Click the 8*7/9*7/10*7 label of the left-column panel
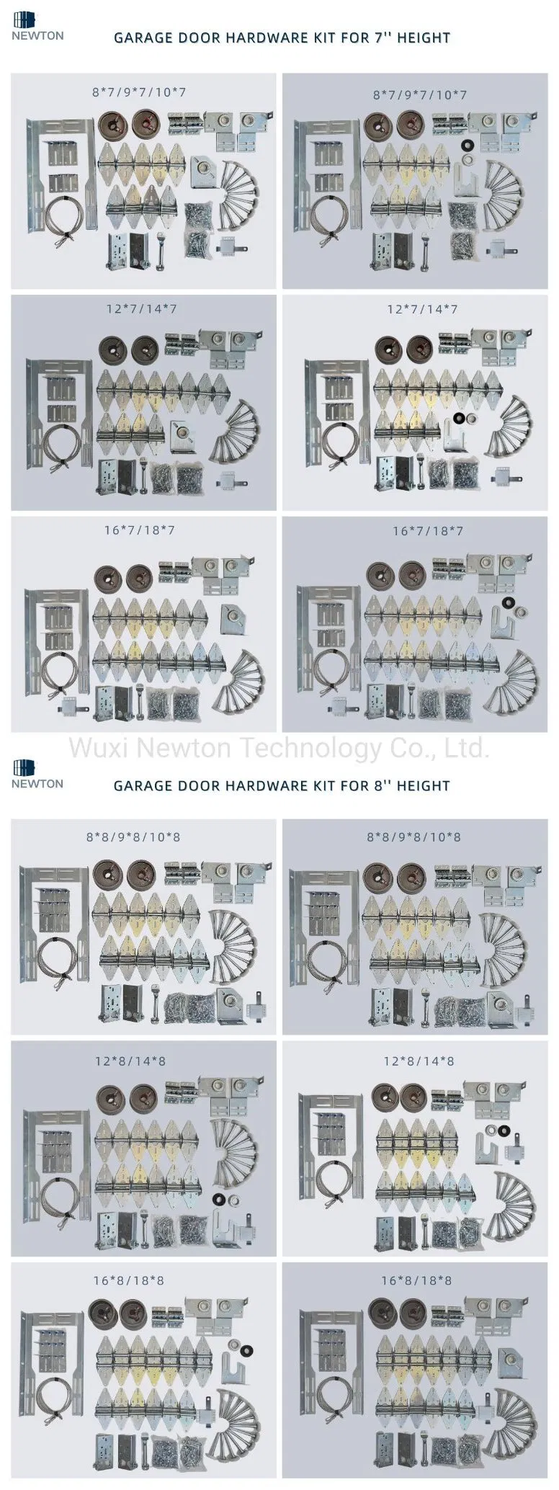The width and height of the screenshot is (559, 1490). (x=139, y=92)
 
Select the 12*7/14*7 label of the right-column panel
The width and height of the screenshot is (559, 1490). (x=422, y=309)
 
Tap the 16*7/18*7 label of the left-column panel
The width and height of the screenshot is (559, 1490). (x=139, y=530)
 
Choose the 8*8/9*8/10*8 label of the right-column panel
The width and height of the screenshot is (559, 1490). (x=414, y=837)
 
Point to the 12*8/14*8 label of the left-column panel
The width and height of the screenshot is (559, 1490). (x=130, y=1061)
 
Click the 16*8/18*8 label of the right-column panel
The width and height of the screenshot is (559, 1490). (x=416, y=1280)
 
